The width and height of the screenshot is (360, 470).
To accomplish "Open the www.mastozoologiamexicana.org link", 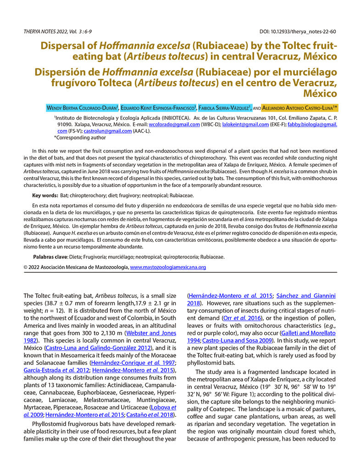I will (x=168, y=267).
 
